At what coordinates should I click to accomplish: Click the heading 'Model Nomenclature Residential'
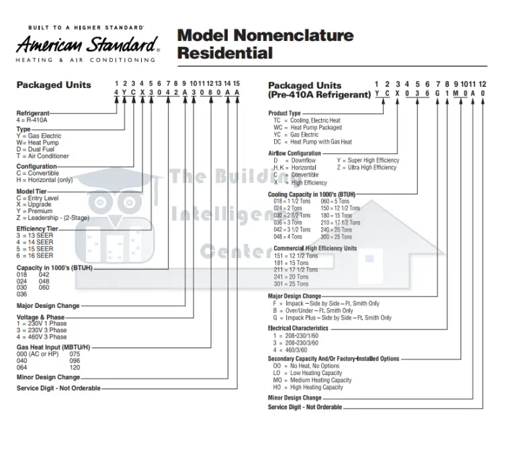point(265,44)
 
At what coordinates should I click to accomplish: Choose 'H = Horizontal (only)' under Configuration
point(45,179)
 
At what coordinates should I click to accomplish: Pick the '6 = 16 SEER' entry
point(35,255)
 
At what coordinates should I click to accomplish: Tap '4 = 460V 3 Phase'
point(42,337)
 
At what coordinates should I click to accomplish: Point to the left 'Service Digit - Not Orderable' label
point(58,388)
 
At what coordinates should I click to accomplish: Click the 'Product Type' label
point(284,113)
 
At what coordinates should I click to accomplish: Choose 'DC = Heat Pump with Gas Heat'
point(312,142)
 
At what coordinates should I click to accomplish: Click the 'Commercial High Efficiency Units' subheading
point(315,248)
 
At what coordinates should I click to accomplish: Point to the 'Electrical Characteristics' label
point(298,328)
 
